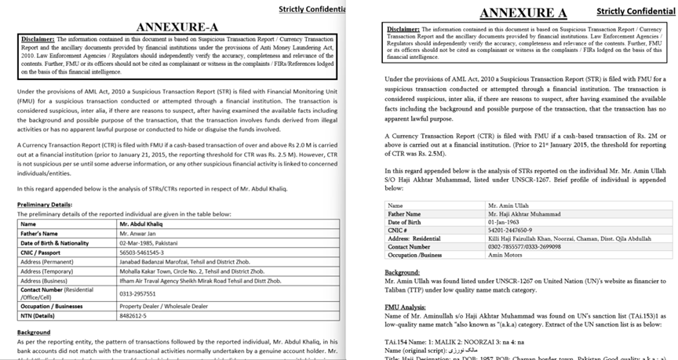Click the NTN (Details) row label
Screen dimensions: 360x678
pos(39,318)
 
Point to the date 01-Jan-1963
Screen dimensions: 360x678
pos(505,222)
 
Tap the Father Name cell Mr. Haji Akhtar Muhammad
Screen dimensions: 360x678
pos(526,213)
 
